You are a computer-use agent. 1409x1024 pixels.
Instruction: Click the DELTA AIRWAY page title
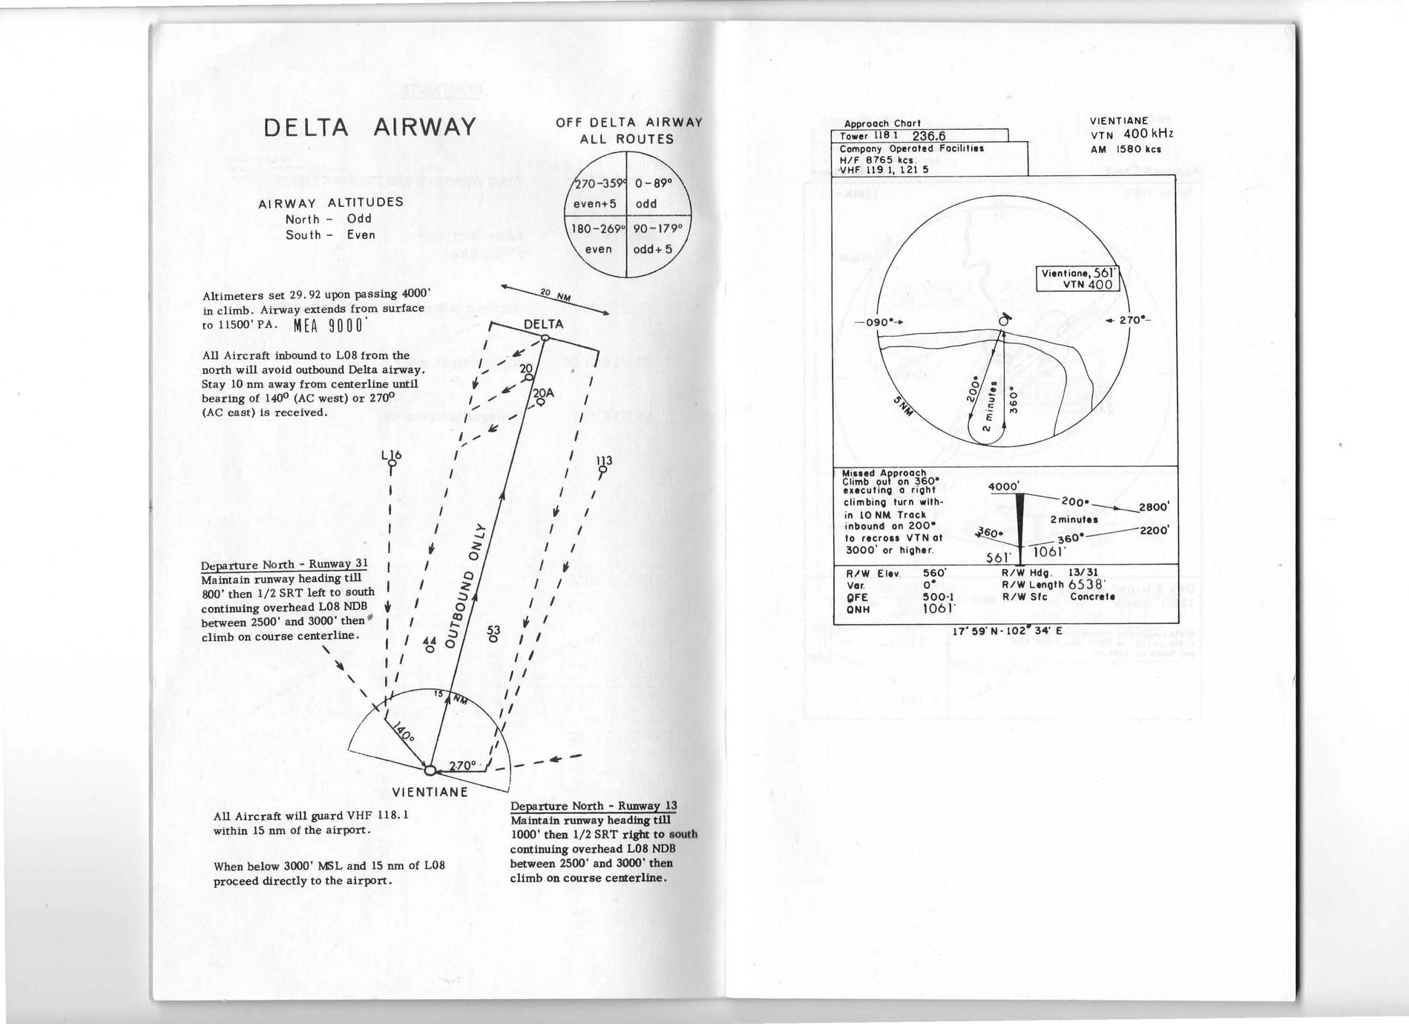[x=370, y=127]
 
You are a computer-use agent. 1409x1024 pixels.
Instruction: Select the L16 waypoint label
[x=391, y=455]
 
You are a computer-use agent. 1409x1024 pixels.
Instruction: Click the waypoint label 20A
[x=542, y=394]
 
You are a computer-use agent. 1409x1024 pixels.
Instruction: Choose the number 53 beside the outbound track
[x=493, y=631]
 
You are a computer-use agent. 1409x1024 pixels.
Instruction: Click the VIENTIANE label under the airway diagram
[x=430, y=792]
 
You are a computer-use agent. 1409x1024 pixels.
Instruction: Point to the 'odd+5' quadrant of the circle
[x=652, y=249]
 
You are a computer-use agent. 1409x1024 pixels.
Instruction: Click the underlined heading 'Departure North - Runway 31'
[x=284, y=565]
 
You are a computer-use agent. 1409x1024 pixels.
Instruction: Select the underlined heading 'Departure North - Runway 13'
[x=594, y=807]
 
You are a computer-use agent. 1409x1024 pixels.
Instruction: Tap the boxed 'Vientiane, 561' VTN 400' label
[x=1077, y=278]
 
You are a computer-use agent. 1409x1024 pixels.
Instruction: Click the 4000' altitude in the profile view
[x=1004, y=487]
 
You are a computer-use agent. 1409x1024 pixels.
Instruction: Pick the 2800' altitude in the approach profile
[x=1155, y=507]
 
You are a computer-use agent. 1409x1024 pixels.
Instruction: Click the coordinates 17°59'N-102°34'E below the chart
[x=1007, y=631]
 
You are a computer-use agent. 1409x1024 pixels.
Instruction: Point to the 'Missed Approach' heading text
[x=884, y=473]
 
